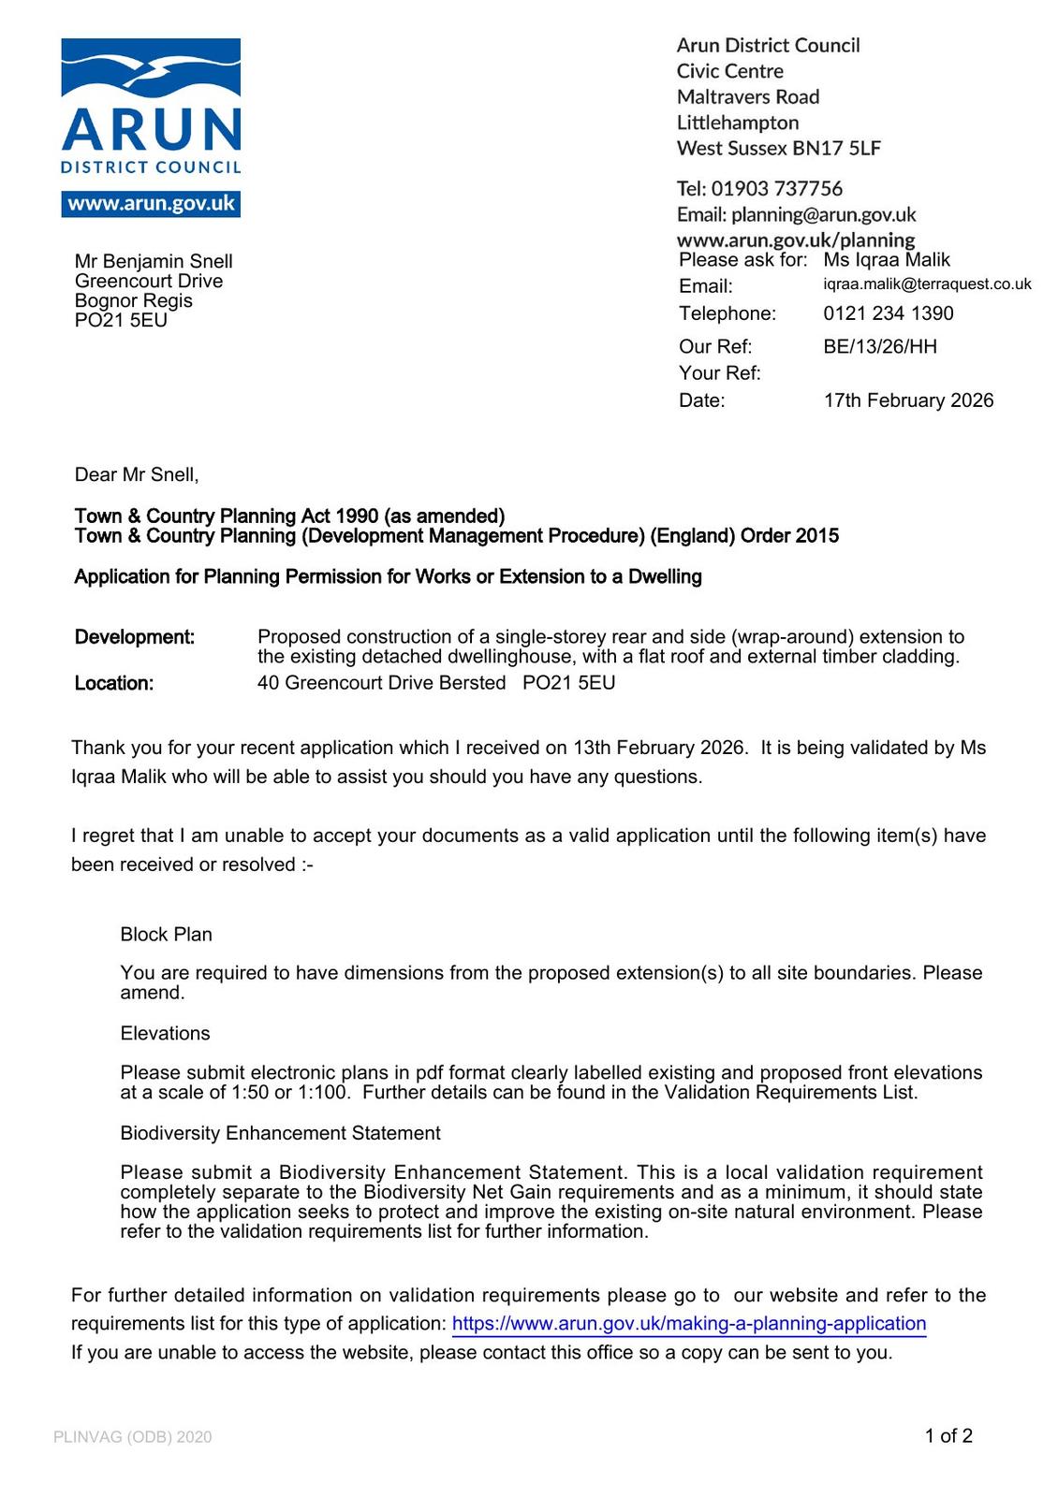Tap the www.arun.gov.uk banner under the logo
(x=151, y=204)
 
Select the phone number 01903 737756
(x=776, y=188)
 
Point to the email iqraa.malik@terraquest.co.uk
(x=927, y=284)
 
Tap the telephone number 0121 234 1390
(x=889, y=313)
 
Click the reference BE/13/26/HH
(x=880, y=346)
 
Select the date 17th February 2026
(x=908, y=400)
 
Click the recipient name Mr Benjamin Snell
(x=154, y=261)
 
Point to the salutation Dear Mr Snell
(x=137, y=474)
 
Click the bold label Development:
(x=135, y=637)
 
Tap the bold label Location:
(x=114, y=683)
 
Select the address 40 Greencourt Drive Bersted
(x=381, y=683)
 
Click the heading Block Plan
(x=167, y=934)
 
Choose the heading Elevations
(x=166, y=1033)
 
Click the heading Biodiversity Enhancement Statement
(x=280, y=1133)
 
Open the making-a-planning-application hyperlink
(x=689, y=1323)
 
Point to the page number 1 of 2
(x=948, y=1435)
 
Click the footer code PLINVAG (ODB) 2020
(x=133, y=1436)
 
